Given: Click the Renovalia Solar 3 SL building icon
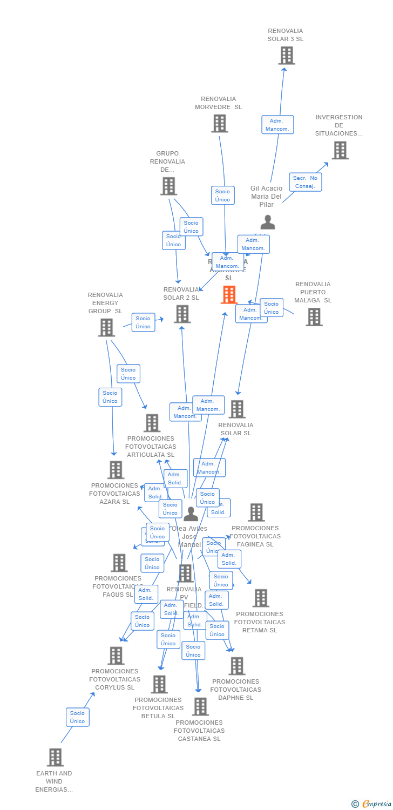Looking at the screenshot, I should point(286,55).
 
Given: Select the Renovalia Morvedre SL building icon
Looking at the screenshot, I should point(219,124).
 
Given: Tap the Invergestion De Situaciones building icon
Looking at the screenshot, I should point(340,150).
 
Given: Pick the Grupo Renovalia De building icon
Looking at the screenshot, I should point(168,186).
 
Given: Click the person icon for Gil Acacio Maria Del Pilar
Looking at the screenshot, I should point(267,222).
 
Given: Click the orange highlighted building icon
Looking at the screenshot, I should point(229,295).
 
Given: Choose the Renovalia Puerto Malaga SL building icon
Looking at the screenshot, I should point(314,317).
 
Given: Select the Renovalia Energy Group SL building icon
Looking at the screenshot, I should point(106,327).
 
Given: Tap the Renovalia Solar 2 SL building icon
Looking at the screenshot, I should point(182,314).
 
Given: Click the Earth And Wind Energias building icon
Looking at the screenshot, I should point(55,757).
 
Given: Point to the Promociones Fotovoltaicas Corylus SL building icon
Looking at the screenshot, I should point(116,656).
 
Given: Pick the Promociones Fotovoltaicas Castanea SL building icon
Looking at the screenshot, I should point(200,706).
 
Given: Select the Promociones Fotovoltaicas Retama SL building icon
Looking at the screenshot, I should point(261,598).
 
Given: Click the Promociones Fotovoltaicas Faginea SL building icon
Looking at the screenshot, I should point(256,512).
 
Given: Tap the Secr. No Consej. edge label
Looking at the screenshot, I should point(306,182).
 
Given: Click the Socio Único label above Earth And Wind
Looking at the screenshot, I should point(77,717).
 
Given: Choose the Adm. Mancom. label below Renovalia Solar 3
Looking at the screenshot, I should point(277,125).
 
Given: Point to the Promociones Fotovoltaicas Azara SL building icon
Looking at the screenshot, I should point(116,470).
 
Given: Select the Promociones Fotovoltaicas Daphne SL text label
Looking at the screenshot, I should point(236,690).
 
